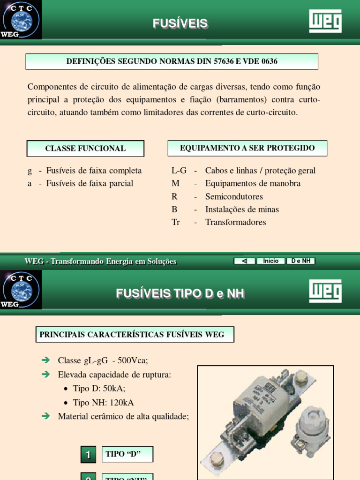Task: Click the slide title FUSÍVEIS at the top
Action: click(180, 23)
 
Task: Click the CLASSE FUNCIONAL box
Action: click(85, 149)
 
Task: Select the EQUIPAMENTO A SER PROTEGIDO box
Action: click(247, 148)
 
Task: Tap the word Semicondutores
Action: click(234, 196)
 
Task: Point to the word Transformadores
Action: click(235, 222)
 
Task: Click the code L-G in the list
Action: click(179, 171)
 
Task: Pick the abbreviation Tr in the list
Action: click(176, 222)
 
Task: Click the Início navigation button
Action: click(271, 261)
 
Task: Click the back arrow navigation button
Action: click(244, 261)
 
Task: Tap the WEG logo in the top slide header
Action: click(325, 21)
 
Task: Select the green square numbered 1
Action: click(88, 454)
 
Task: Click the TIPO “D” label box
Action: click(127, 454)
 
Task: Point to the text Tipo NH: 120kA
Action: click(103, 403)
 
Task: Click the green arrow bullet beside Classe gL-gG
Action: click(45, 360)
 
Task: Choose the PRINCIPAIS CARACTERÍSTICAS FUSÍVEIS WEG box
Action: click(135, 335)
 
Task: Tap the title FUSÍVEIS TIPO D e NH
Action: click(180, 294)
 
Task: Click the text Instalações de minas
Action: click(242, 210)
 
